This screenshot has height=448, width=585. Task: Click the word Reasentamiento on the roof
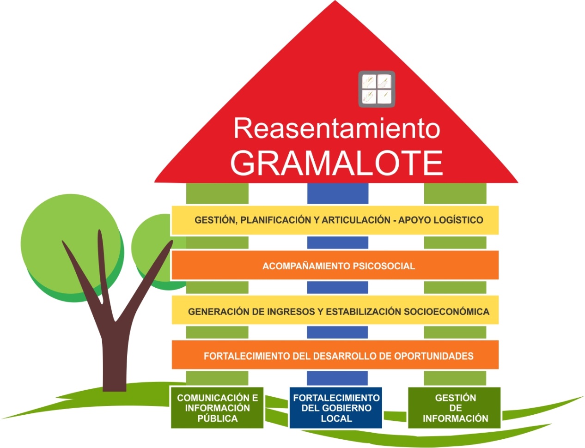coord(336,128)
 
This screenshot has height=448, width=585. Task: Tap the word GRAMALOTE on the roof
coord(336,163)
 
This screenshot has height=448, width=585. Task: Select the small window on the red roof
coord(377,89)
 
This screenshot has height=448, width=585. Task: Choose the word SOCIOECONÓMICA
coord(446,312)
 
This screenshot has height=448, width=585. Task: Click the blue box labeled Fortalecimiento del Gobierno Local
coord(336,408)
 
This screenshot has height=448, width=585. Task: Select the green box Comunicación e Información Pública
coord(217,408)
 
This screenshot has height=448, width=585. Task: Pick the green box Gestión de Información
coord(455,408)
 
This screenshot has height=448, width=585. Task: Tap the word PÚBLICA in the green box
coord(217,418)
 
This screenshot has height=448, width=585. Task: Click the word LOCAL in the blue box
coord(336,418)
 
